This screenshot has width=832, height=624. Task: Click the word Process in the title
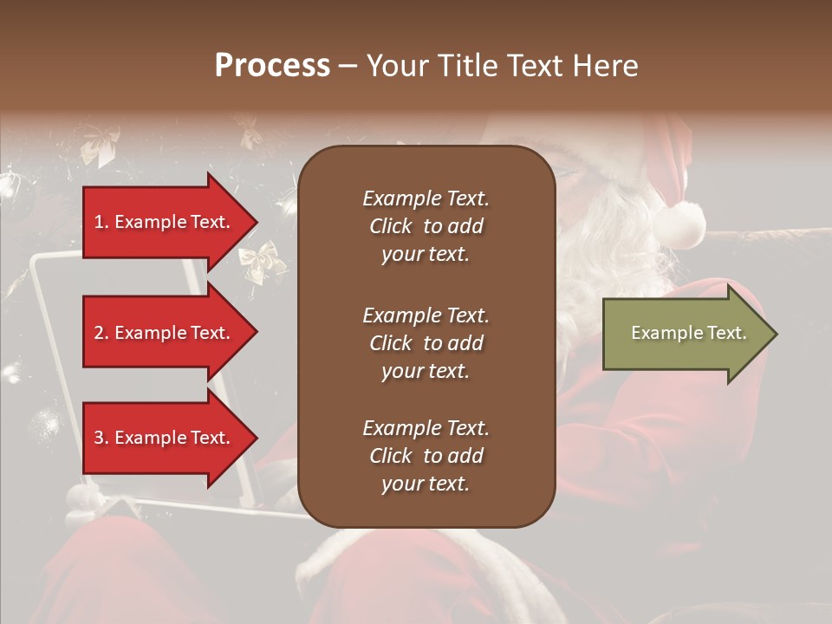[x=272, y=65]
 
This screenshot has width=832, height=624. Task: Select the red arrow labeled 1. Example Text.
[x=165, y=222]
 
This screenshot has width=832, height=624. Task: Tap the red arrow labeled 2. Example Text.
[x=165, y=333]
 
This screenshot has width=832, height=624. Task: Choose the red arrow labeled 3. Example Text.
[x=165, y=438]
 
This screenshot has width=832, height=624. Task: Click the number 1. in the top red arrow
[x=101, y=222]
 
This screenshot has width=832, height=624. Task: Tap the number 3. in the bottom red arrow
[x=101, y=438]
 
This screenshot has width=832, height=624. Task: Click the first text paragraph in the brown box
[x=426, y=226]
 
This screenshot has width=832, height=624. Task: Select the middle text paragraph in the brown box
[x=426, y=343]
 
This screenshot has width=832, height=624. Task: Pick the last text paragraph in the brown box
[x=426, y=456]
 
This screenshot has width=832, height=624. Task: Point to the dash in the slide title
[x=348, y=66]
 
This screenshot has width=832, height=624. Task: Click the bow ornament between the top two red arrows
[x=262, y=259]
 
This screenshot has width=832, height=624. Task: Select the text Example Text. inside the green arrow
[x=688, y=333]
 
